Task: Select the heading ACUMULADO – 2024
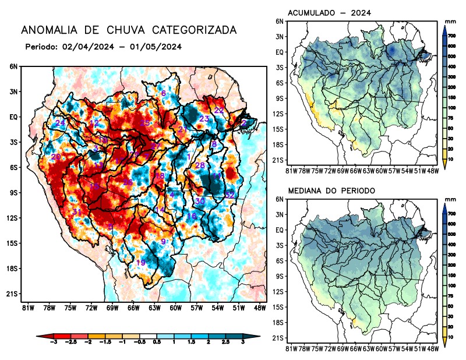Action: (330, 12)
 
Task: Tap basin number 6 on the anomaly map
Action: (164, 93)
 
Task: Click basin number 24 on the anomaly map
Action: (60, 123)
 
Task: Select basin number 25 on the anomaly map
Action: (145, 123)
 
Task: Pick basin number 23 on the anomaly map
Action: (204, 119)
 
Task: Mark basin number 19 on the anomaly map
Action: (140, 263)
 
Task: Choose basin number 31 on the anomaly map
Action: (76, 211)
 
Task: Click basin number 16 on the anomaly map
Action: (191, 217)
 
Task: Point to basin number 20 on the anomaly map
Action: (56, 157)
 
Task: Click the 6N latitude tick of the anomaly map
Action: (13, 66)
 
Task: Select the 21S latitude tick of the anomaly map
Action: (12, 294)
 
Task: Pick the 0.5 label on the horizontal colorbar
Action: (157, 344)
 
